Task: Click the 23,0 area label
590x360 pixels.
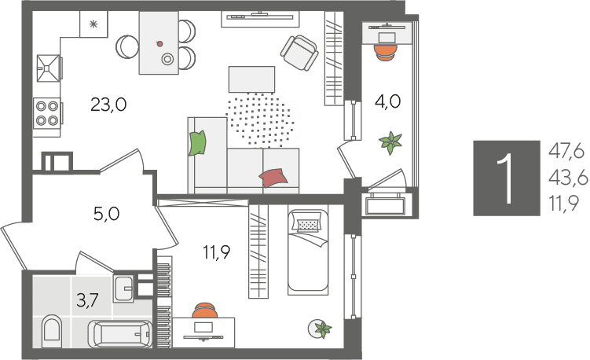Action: pyautogui.click(x=108, y=105)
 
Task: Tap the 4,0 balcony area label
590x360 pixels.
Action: pyautogui.click(x=387, y=101)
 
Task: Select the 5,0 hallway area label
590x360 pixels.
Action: pyautogui.click(x=107, y=214)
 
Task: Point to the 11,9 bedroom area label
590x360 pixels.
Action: pyautogui.click(x=217, y=252)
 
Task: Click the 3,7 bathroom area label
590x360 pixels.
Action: pyautogui.click(x=87, y=300)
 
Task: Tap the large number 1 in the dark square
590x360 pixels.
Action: pyautogui.click(x=505, y=178)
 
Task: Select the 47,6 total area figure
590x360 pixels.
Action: pyautogui.click(x=566, y=152)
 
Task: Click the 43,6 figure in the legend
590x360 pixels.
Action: pyautogui.click(x=568, y=178)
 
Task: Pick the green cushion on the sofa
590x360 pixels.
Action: pyautogui.click(x=197, y=143)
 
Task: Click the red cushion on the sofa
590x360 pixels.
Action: pyautogui.click(x=273, y=178)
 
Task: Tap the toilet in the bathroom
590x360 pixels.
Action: pyautogui.click(x=51, y=331)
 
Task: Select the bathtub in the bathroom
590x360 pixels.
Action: pyautogui.click(x=120, y=334)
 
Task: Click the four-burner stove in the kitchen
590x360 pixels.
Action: pyautogui.click(x=47, y=113)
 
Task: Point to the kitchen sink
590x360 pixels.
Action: pyautogui.click(x=49, y=68)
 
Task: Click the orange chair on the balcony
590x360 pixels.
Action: pyautogui.click(x=387, y=52)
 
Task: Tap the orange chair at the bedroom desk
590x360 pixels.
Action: pyautogui.click(x=205, y=310)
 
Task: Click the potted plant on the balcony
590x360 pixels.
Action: pyautogui.click(x=391, y=142)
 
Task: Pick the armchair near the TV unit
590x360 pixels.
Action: pyautogui.click(x=299, y=53)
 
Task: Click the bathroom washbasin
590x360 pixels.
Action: pyautogui.click(x=123, y=288)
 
